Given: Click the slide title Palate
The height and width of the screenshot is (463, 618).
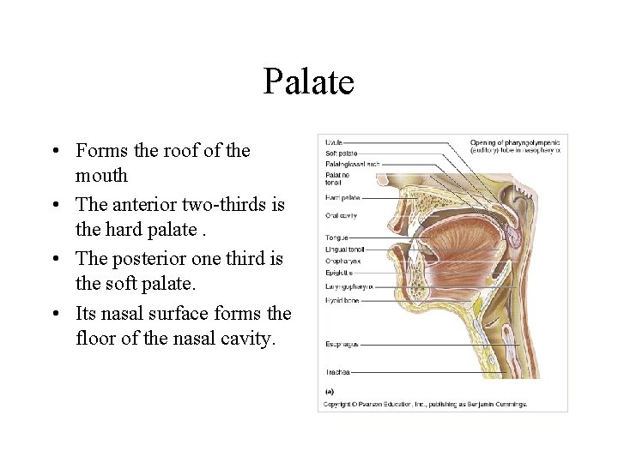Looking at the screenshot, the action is point(308,82).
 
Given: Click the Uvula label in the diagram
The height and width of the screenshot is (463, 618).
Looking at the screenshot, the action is point(333,141).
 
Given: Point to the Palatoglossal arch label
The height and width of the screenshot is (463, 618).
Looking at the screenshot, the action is point(349,163).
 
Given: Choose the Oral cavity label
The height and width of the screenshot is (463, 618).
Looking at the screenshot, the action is point(341,215).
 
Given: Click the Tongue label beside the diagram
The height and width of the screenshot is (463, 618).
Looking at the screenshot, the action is point(336,238).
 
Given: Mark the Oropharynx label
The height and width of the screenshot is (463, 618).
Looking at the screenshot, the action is point(342,261).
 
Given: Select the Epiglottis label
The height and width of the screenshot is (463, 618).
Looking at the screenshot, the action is point(339,273).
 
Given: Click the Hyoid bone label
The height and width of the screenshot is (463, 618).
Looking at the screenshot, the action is point(342,301).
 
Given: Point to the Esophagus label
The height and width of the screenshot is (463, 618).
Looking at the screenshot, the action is point(340,344).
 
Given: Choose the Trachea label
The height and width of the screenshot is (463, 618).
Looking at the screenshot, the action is point(336,372).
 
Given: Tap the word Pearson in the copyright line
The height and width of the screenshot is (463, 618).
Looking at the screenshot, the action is point(370,404).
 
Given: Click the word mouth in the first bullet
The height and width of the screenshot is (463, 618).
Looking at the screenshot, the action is point(101,176).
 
